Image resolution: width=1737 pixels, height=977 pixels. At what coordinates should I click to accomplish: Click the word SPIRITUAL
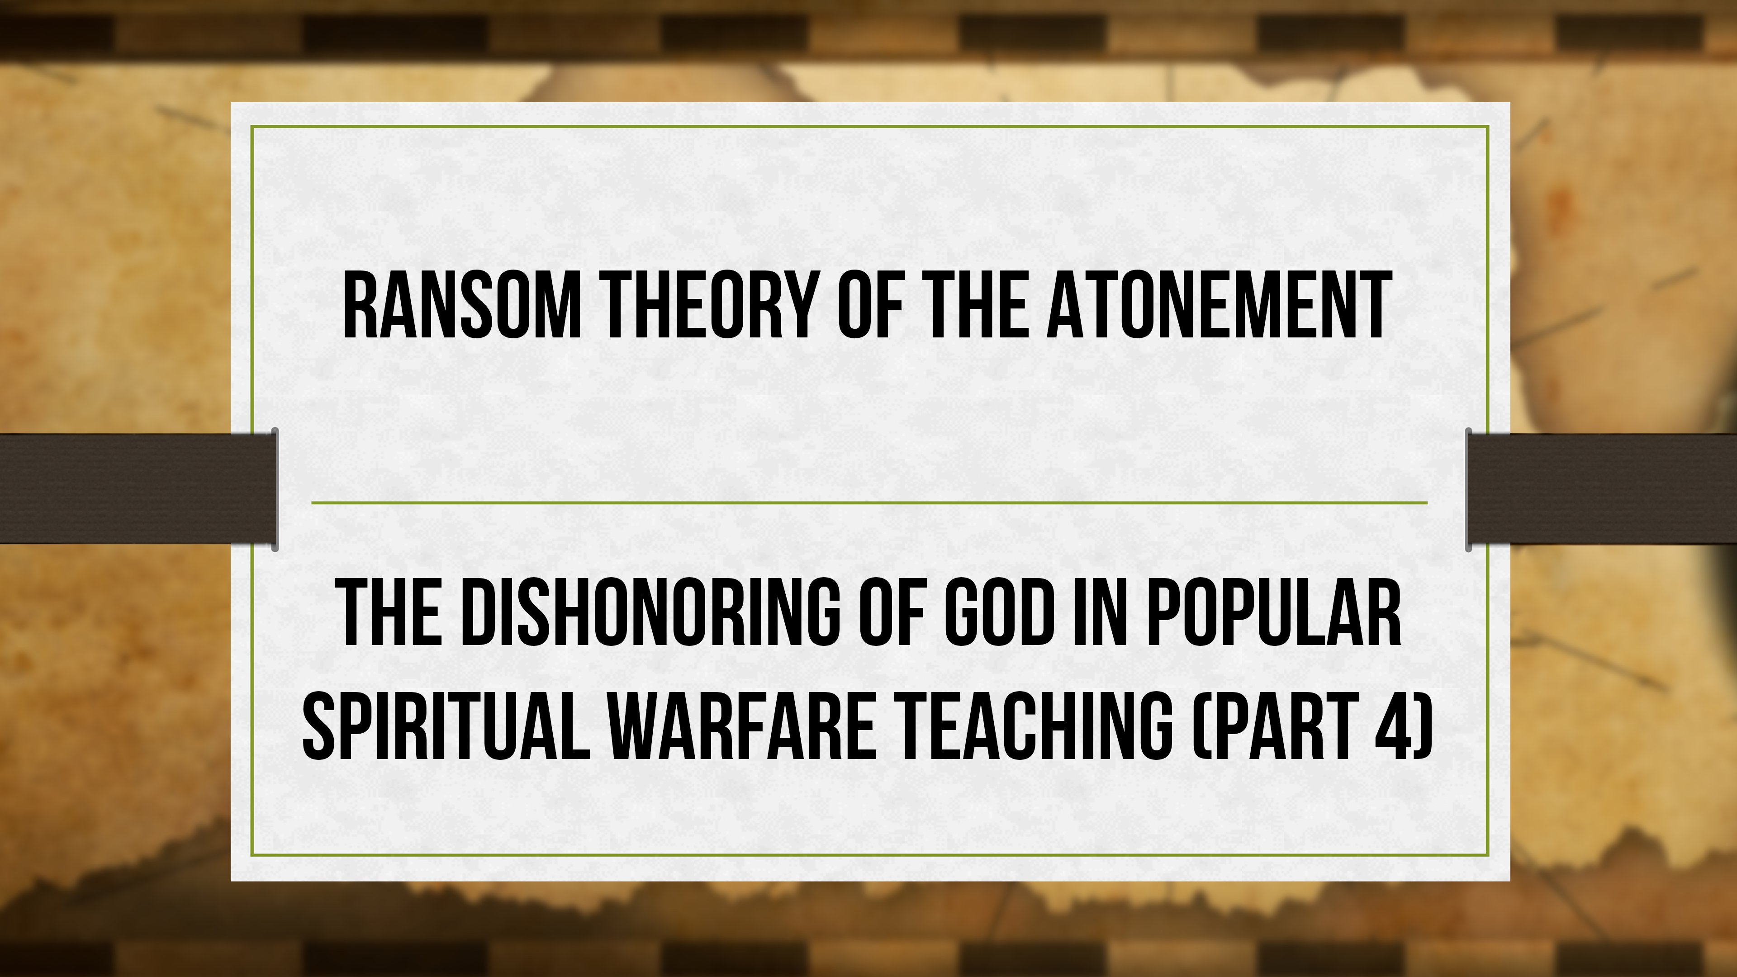tap(445, 726)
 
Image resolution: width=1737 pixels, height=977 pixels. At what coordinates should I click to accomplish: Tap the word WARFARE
tap(742, 726)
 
